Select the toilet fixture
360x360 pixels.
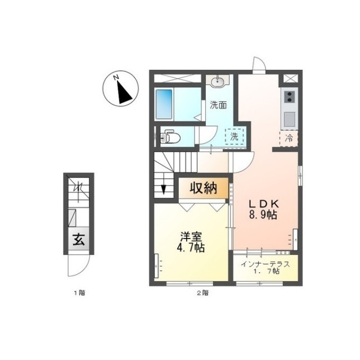point(170,137)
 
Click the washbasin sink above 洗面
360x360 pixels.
point(217,83)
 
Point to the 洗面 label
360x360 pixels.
point(218,104)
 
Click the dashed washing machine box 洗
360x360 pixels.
point(233,136)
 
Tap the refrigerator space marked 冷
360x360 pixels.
point(289,137)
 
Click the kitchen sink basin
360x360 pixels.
point(289,119)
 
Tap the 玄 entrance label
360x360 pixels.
point(77,240)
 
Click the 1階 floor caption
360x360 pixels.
point(78,293)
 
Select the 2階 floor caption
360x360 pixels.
point(202,293)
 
